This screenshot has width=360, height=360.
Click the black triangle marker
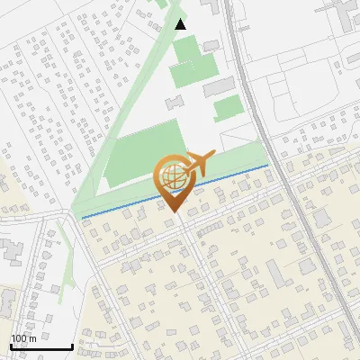[x=181, y=24]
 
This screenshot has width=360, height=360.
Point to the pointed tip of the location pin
[x=175, y=213]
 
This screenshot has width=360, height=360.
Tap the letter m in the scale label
[x=33, y=338]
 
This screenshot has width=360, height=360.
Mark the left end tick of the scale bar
[x=11, y=346]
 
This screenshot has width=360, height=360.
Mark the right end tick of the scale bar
[x=72, y=346]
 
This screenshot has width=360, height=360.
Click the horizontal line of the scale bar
[x=41, y=347]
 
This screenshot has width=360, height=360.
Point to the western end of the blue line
[x=83, y=217]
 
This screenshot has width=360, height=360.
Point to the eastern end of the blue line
[x=267, y=166]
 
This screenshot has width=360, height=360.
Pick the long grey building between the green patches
[x=220, y=86]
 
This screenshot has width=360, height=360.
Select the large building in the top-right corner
[x=346, y=13]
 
